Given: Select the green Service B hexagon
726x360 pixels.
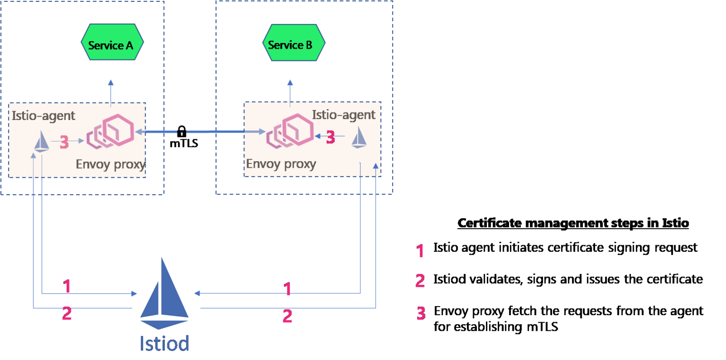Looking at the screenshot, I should [x=294, y=44].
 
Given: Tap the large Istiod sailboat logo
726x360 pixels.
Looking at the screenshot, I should [x=165, y=293].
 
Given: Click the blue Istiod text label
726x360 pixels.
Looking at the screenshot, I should [x=164, y=343].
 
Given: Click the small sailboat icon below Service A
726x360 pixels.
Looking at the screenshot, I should [x=42, y=140].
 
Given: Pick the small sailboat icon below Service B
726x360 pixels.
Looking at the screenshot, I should [x=359, y=137].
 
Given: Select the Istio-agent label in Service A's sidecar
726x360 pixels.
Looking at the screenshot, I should [x=43, y=116].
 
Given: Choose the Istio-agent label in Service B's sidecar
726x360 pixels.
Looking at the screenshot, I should [x=344, y=114].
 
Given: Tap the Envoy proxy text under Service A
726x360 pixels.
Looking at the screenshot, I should [x=110, y=164].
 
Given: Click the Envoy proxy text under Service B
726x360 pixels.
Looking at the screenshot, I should [x=281, y=164].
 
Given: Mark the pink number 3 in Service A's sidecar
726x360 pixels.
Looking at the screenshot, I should [x=65, y=142].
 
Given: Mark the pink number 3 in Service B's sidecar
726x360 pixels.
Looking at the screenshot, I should [x=330, y=137].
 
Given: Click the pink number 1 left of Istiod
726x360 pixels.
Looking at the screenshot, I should [x=67, y=286].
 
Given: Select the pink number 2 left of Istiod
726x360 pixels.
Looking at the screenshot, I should [x=67, y=314].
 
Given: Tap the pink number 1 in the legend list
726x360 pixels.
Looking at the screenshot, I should [x=420, y=251].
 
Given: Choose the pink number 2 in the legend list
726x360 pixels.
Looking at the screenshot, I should [x=420, y=281].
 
